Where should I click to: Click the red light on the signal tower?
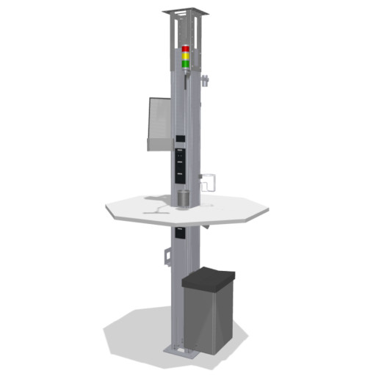(x=186, y=49)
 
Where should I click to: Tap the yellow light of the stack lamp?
(x=186, y=56)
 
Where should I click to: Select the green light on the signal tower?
(x=186, y=62)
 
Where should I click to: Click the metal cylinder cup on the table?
(x=183, y=198)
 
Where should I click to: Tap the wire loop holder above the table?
(x=208, y=181)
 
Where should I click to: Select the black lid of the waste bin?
(x=209, y=278)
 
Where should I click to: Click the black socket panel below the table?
(x=180, y=236)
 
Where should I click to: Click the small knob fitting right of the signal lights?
(x=206, y=79)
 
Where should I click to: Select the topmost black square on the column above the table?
(x=180, y=140)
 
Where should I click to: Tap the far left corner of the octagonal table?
(x=106, y=208)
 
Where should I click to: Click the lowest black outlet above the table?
(x=180, y=173)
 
